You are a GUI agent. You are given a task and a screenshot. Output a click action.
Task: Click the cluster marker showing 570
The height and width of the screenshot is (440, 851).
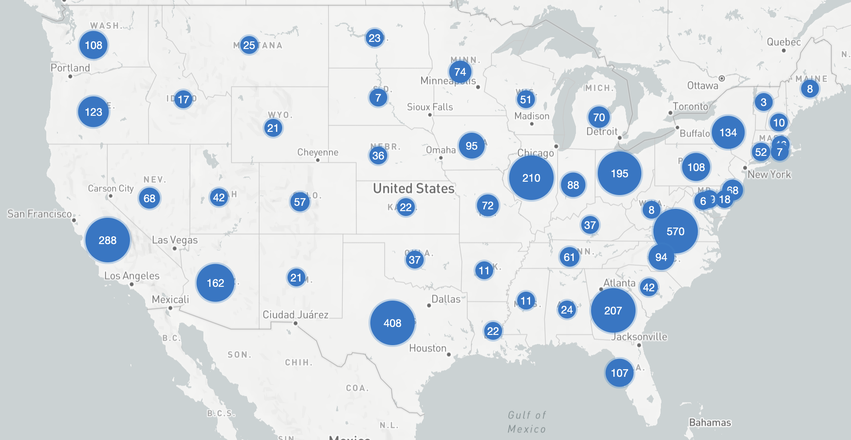tap(675, 231)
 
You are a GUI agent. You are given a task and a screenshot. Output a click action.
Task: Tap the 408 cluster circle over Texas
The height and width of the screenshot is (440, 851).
tap(392, 323)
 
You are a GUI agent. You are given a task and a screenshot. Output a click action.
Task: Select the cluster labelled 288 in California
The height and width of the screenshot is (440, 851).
tap(107, 240)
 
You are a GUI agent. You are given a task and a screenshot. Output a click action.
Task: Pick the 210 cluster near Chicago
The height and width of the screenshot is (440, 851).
tap(531, 178)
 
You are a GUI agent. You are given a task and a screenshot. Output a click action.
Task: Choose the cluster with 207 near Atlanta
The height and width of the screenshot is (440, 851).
tap(613, 310)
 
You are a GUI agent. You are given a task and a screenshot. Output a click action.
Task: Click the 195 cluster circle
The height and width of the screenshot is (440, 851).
tap(619, 173)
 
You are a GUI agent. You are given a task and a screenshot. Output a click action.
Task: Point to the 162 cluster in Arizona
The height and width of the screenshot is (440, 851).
tap(215, 283)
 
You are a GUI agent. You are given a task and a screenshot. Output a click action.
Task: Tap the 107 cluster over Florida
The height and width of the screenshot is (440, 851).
tap(619, 373)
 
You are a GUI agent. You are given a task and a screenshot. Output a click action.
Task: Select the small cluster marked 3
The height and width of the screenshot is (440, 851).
tap(763, 102)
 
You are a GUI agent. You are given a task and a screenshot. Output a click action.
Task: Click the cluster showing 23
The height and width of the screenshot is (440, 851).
tap(374, 38)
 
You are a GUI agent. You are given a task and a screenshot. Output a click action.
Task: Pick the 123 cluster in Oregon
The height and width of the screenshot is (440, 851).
tap(93, 112)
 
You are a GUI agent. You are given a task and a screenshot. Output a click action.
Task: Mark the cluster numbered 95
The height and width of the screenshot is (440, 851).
tap(471, 146)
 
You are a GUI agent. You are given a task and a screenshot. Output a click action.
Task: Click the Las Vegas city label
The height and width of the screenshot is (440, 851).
tap(174, 240)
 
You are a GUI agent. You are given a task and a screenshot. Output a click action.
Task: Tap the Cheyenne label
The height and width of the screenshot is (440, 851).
tap(317, 152)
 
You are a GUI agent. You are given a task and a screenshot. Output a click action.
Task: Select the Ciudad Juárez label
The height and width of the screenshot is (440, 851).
tap(295, 315)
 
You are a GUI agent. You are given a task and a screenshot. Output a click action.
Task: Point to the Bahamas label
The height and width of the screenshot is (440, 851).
tap(710, 422)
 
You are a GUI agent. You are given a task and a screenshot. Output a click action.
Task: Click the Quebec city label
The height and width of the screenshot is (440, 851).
tap(783, 42)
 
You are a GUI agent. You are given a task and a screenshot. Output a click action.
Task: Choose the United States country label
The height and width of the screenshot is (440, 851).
tap(413, 188)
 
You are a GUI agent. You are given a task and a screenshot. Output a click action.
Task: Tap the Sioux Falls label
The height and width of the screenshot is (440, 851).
tap(430, 107)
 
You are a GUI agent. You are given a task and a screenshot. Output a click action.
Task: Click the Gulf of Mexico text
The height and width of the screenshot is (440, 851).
tap(527, 422)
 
